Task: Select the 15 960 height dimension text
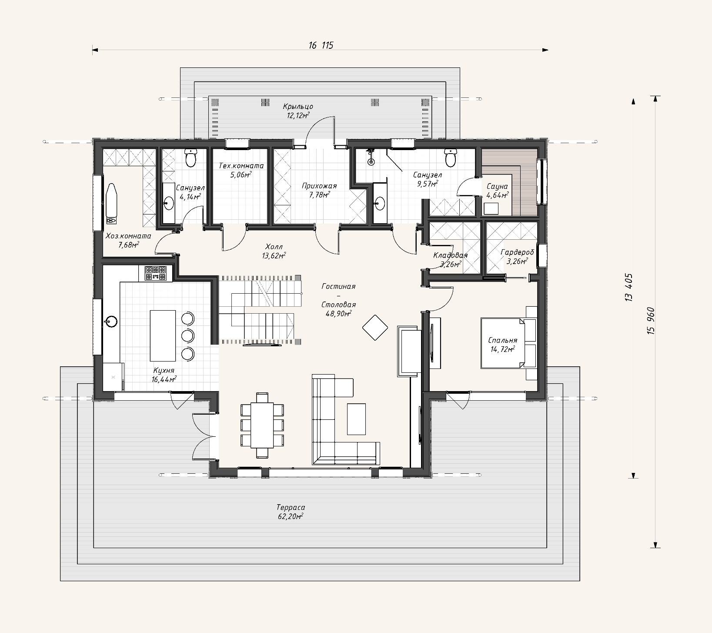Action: (x=651, y=321)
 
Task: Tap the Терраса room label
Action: (x=291, y=507)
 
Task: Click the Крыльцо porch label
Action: (x=298, y=107)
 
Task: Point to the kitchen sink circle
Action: (x=111, y=322)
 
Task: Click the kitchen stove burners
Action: (x=156, y=273)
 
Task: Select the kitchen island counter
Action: (x=163, y=335)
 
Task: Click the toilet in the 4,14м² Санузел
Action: (x=191, y=158)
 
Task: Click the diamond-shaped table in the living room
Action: (x=375, y=328)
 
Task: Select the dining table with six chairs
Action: (x=262, y=425)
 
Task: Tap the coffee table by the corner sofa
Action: (x=356, y=419)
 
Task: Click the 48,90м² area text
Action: (x=338, y=313)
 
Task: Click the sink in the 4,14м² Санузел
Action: (x=168, y=201)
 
